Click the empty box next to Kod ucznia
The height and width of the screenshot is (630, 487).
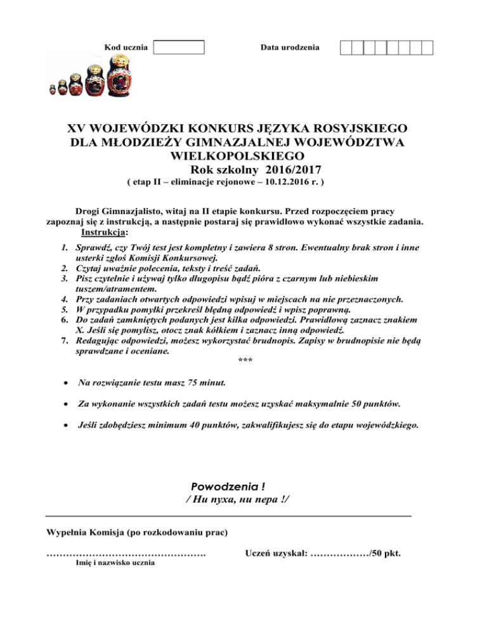click(x=179, y=47)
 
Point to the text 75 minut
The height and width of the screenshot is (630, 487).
click(x=205, y=383)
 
